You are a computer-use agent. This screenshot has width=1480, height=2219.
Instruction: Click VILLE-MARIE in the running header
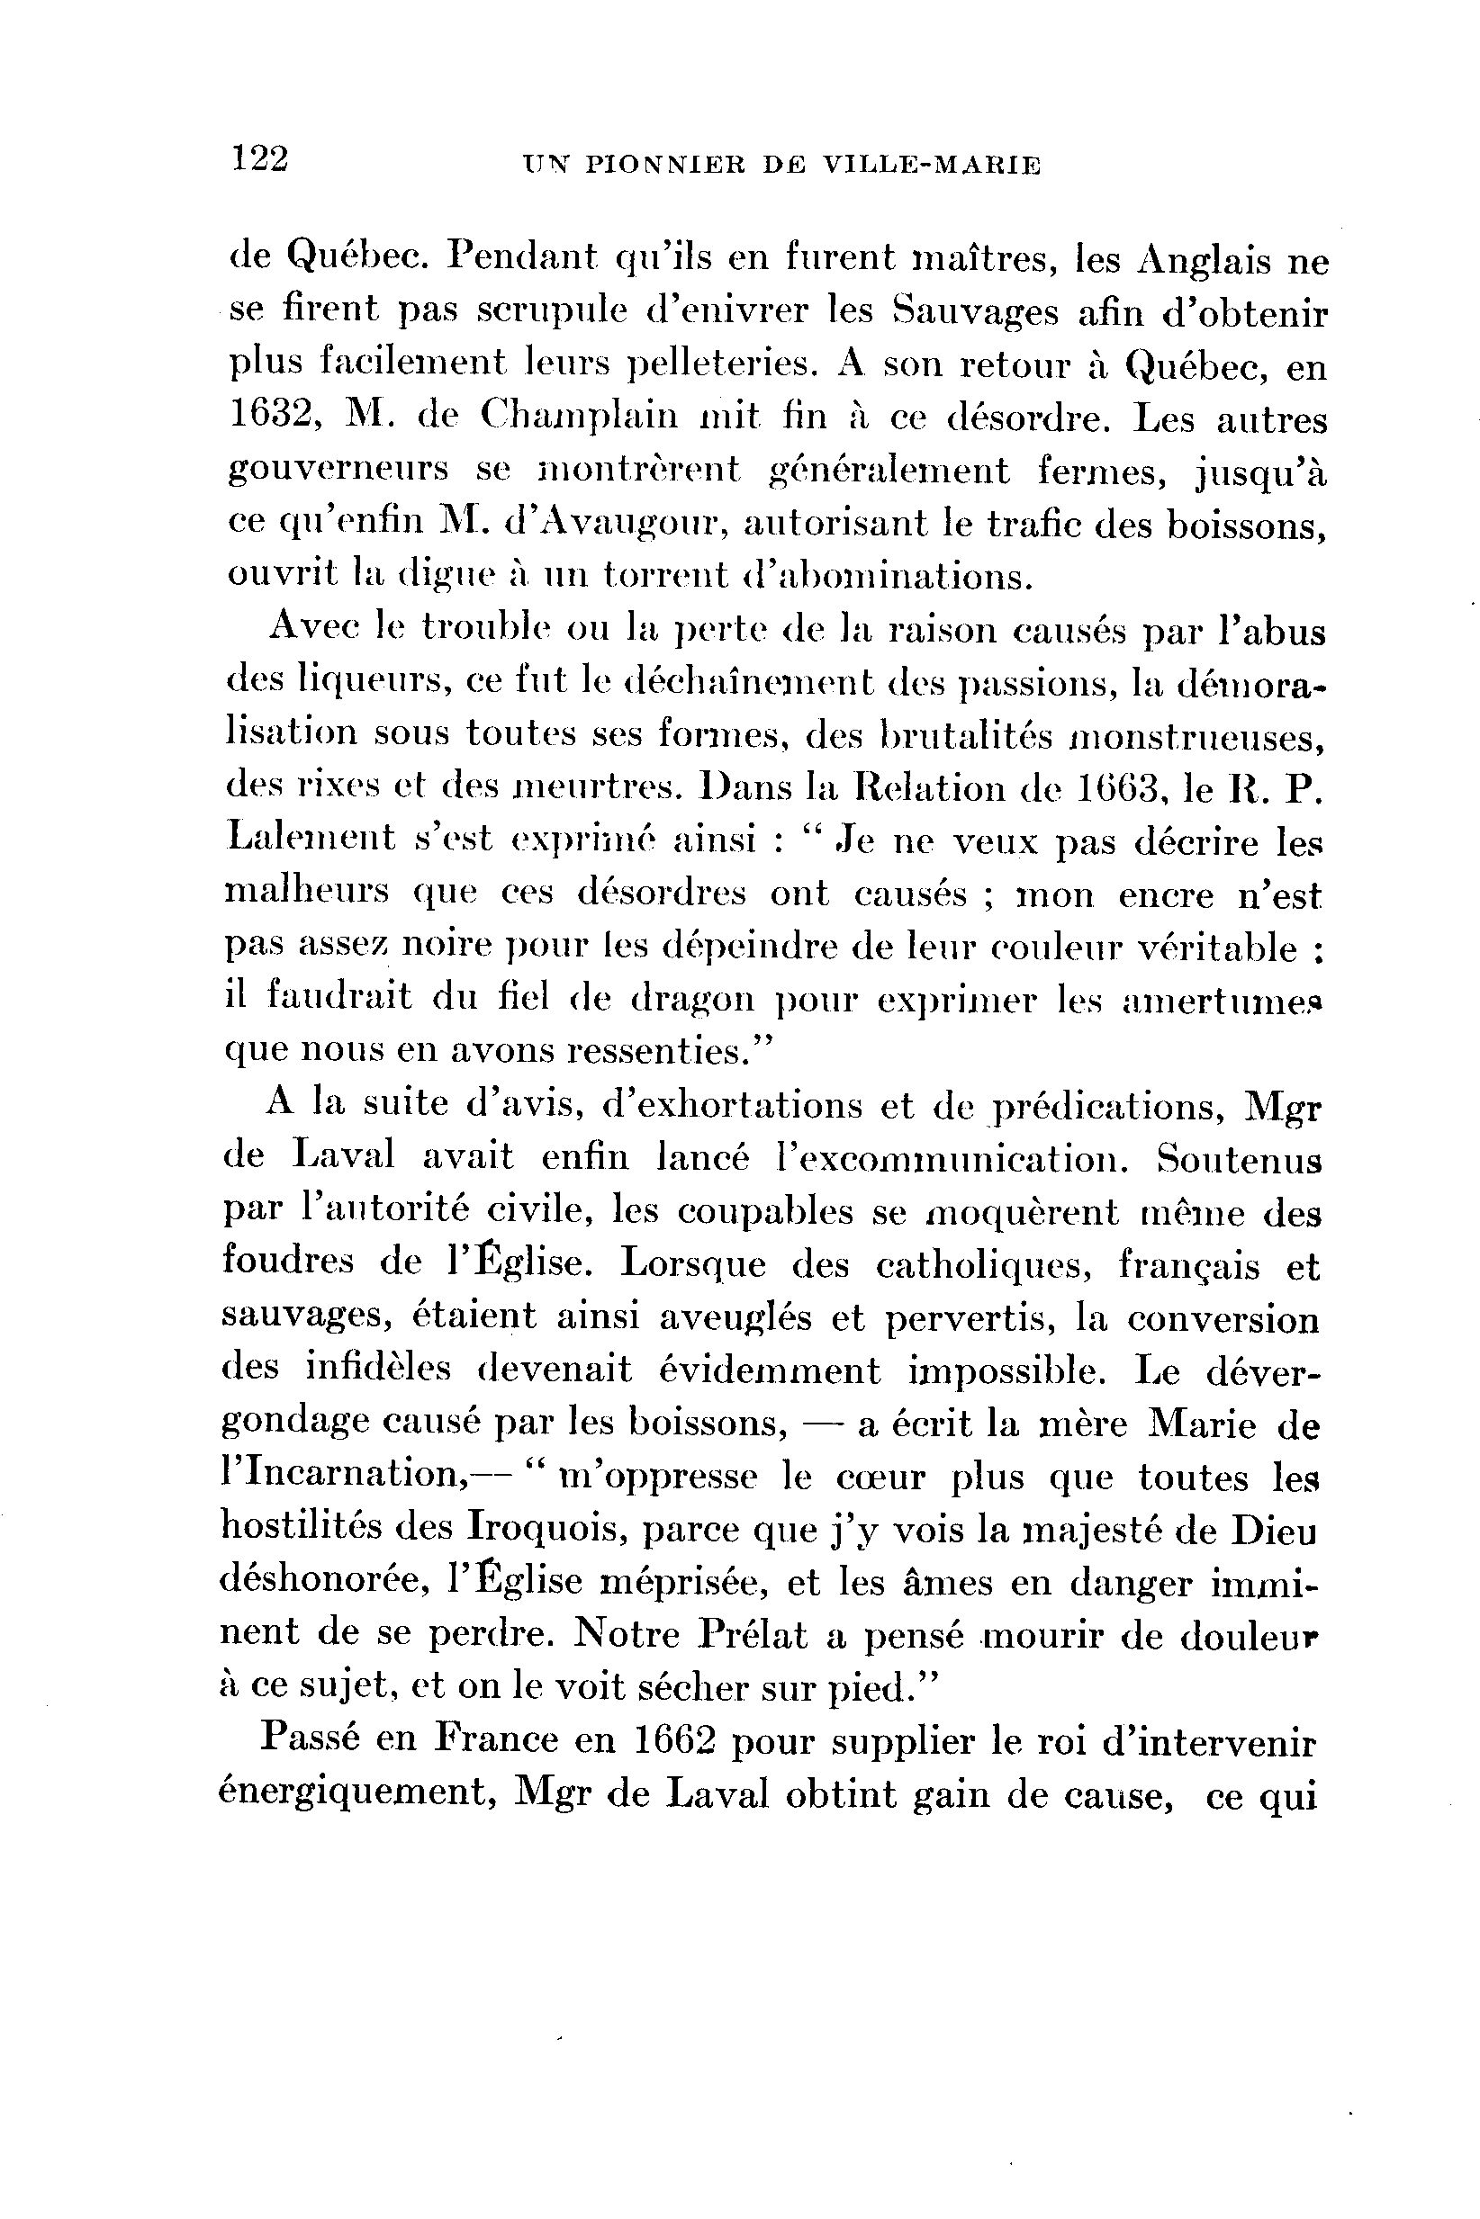(932, 166)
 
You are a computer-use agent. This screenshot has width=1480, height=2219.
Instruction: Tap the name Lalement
(311, 839)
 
